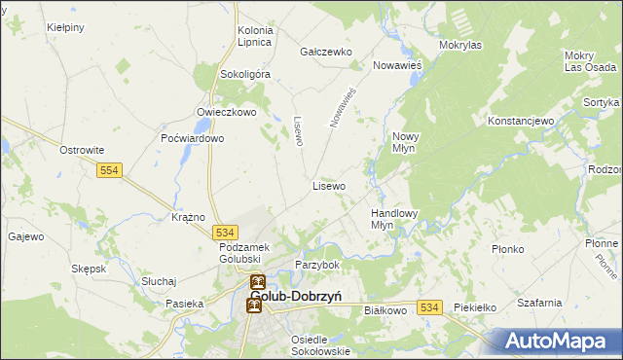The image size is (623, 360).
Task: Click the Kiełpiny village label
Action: [65, 28]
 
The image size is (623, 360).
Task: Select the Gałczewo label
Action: [325, 52]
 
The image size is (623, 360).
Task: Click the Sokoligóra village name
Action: [245, 74]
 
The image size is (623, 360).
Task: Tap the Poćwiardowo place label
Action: [193, 138]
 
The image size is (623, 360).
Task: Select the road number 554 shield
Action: [109, 170]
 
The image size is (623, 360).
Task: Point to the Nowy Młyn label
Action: [405, 143]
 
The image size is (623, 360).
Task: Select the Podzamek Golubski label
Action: [224, 254]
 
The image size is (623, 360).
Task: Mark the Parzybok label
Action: [316, 265]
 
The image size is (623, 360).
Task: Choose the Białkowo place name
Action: [384, 310]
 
